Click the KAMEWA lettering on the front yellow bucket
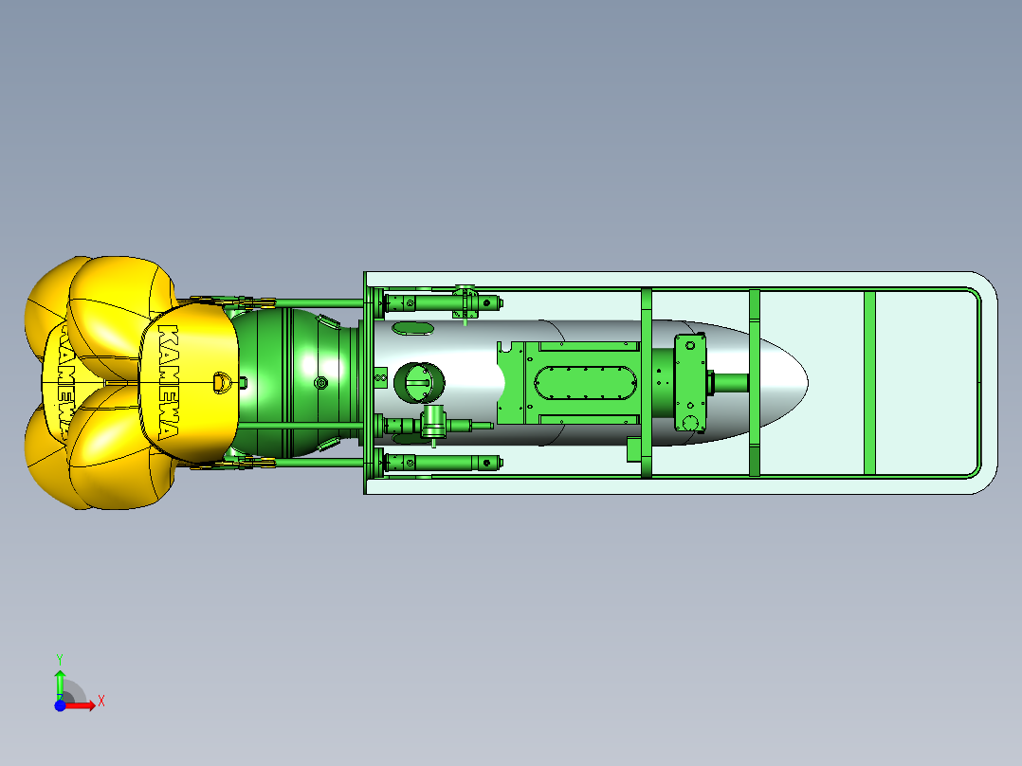coord(167,383)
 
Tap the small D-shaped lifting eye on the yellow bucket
coord(222,380)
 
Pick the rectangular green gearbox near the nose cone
coord(690,382)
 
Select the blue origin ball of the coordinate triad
coord(60,705)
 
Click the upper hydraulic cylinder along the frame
coord(441,303)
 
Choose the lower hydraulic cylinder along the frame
coord(441,463)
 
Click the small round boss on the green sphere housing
coord(320,383)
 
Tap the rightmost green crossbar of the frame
coord(868,383)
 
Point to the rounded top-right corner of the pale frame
coord(986,284)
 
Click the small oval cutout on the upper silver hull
coord(411,328)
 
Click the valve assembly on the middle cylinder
coord(435,423)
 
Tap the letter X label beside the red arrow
coord(101,702)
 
